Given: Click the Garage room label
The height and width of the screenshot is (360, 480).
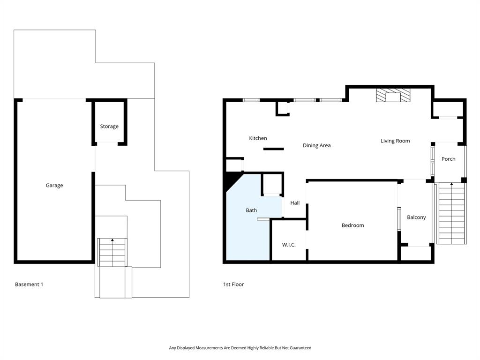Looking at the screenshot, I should (x=54, y=186).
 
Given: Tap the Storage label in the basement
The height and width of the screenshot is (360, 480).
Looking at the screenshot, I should (x=109, y=127).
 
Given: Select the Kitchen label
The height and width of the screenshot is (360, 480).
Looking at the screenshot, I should (x=258, y=138).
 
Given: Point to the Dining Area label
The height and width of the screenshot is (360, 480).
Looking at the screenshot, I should (x=316, y=146).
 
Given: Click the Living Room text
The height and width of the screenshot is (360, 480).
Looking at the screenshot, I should (x=395, y=141).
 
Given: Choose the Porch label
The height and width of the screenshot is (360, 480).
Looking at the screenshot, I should (x=449, y=159).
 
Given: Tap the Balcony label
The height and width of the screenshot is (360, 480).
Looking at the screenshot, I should (x=416, y=217).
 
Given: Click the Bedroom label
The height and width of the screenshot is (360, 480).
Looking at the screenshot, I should (x=352, y=225).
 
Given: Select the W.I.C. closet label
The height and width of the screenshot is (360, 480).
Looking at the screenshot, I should (x=289, y=245).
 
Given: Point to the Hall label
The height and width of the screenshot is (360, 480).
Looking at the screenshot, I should (x=295, y=203).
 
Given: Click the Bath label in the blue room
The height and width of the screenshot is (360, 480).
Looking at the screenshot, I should (x=251, y=210).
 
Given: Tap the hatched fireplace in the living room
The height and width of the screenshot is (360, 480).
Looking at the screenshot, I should (x=393, y=96).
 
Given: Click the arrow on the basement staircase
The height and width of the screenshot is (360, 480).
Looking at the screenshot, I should (x=112, y=240).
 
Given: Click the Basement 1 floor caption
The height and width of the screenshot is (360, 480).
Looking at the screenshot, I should (x=29, y=285).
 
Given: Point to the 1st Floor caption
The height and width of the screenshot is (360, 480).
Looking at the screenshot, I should (x=233, y=285).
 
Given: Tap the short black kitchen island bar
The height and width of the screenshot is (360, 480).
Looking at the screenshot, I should (x=273, y=149).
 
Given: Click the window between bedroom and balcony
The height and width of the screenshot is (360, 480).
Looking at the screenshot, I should (x=399, y=219).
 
